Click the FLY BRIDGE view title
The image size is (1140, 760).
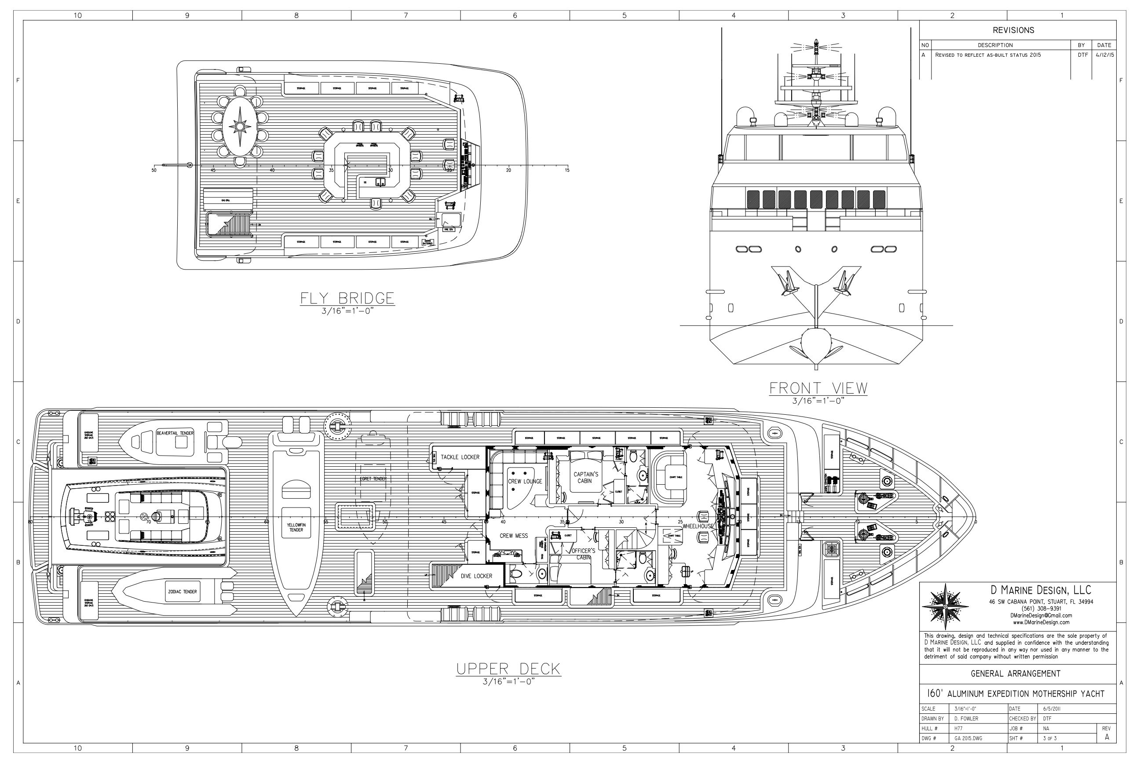click(x=347, y=298)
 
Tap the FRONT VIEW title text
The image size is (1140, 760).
click(x=818, y=388)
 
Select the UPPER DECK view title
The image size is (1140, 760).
click(x=508, y=669)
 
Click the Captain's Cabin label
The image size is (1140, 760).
click(x=586, y=478)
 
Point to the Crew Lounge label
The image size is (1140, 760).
click(x=525, y=481)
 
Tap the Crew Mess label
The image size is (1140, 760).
click(x=514, y=536)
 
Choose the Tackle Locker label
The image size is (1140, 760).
click(x=460, y=457)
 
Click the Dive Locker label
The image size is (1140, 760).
click(x=476, y=576)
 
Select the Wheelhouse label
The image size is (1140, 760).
click(x=698, y=526)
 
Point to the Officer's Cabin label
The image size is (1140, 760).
click(x=584, y=554)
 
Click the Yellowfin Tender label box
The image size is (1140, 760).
click(x=296, y=527)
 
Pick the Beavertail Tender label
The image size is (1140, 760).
click(x=175, y=433)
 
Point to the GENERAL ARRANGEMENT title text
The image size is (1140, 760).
click(x=1016, y=674)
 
